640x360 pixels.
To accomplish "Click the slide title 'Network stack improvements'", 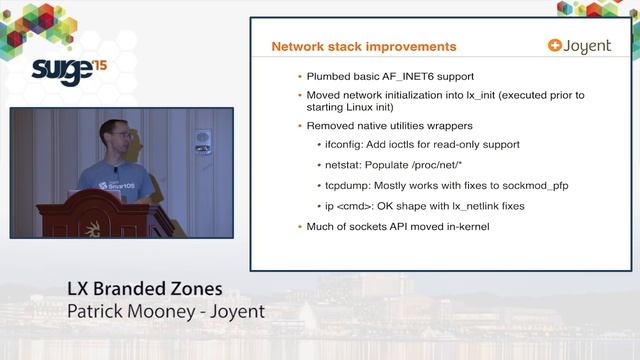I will coord(364,46).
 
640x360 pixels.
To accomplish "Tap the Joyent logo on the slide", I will coord(579,46).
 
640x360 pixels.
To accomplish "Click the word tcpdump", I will coord(349,186).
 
